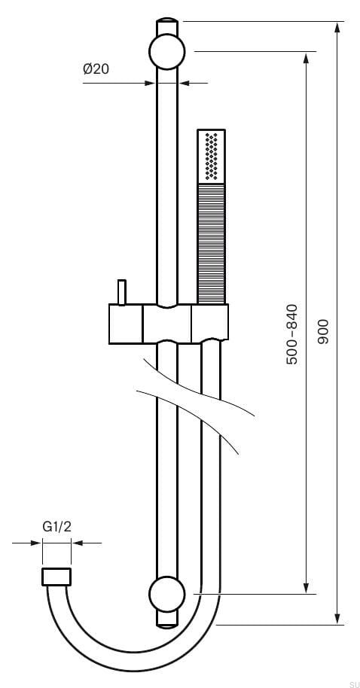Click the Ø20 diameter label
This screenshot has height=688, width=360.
coord(96,69)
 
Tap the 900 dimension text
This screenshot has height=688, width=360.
coord(323,331)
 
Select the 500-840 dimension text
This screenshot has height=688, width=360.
coord(292,334)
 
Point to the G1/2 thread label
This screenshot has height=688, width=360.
coord(56,527)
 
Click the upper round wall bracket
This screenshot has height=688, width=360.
coord(167,52)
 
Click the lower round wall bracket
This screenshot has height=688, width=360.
coord(167,594)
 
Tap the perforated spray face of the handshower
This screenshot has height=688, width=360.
coord(212,157)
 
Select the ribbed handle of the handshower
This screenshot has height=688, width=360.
coord(212,242)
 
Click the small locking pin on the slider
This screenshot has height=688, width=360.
coord(120,291)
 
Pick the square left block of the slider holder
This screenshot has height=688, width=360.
coord(126,324)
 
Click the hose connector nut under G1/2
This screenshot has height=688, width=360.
coord(56,577)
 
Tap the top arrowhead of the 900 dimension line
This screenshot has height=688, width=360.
coord(337,26)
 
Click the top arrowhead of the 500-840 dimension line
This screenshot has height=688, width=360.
coord(307,56)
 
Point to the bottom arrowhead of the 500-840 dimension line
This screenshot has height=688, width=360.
coord(307,589)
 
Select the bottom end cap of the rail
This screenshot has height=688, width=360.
coord(167,619)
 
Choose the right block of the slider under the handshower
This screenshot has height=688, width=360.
coord(210,324)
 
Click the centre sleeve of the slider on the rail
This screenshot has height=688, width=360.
coord(167,324)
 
